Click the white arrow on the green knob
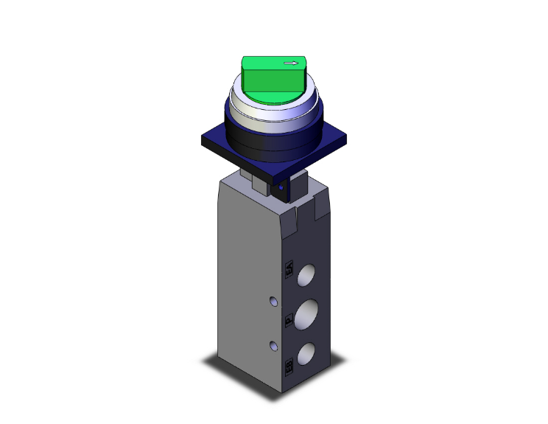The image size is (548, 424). pyautogui.click(x=293, y=63)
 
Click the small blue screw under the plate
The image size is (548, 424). pyautogui.click(x=280, y=190)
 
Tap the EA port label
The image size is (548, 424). pyautogui.click(x=289, y=270)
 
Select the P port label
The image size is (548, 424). pyautogui.click(x=289, y=320)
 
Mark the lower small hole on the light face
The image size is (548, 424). pyautogui.click(x=273, y=346)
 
